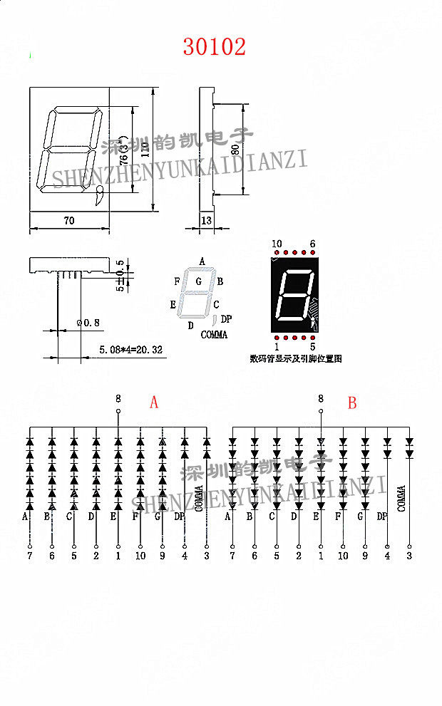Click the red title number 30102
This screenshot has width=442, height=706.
pos(215,47)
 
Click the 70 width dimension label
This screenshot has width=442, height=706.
pos(69,221)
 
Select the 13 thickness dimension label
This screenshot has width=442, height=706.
pos(207,221)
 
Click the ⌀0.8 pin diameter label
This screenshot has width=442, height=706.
pos(88,323)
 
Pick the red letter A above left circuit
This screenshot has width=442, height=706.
pos(154,403)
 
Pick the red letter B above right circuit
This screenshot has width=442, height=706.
pos(351,403)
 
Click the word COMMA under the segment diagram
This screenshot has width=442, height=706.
pos(214,335)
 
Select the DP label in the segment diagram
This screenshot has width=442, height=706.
pos(226,318)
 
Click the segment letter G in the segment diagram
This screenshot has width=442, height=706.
pos(199,281)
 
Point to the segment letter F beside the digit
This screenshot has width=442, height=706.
pos(177,281)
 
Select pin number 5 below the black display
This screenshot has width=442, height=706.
pos(312,347)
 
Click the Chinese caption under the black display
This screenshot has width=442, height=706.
pos(294,358)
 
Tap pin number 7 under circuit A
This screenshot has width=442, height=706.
pos(29,556)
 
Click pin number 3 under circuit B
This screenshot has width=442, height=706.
pos(409,556)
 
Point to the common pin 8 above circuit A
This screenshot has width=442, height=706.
pos(118,399)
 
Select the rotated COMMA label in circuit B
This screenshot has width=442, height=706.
pos(401,499)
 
